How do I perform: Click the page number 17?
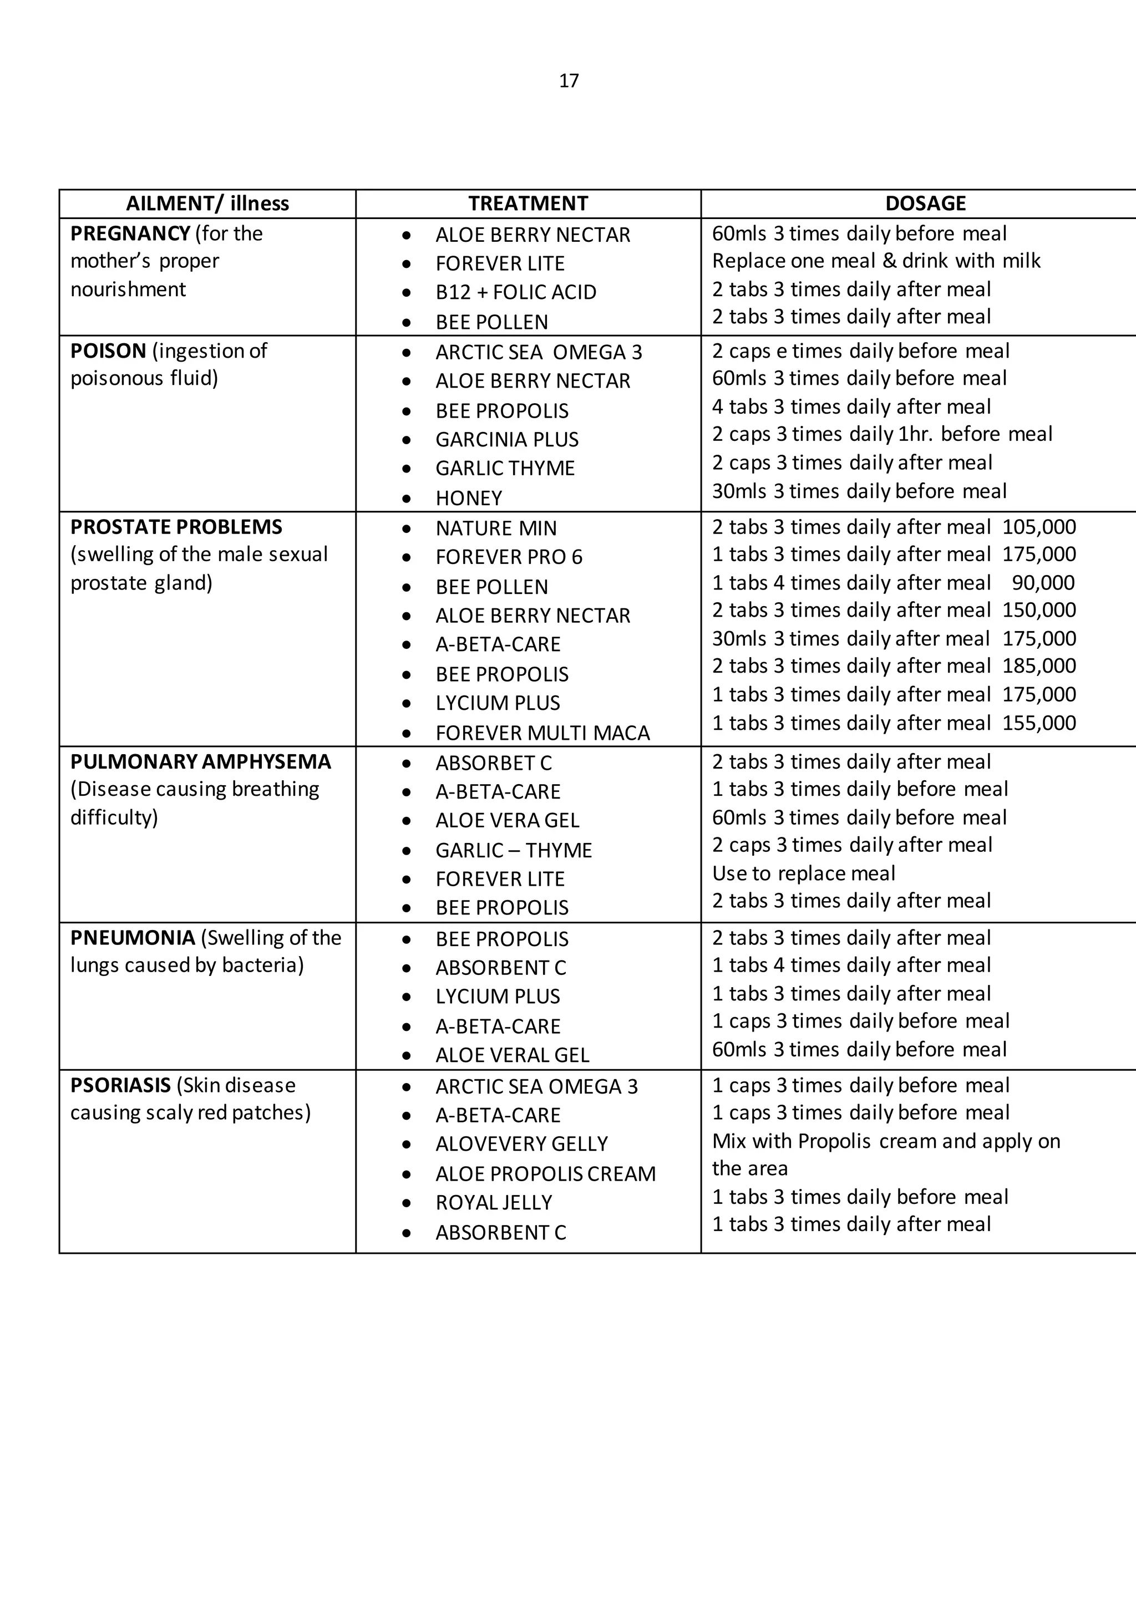[x=569, y=81]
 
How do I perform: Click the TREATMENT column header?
[x=528, y=204]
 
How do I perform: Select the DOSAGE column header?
[x=925, y=204]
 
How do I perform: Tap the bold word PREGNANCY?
[x=130, y=233]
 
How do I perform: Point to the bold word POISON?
[x=108, y=350]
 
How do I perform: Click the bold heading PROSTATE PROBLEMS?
[x=176, y=527]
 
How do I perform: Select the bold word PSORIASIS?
[x=120, y=1085]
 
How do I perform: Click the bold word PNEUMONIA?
[x=132, y=937]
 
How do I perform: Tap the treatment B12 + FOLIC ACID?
[x=515, y=292]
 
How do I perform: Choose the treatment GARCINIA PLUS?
[x=506, y=439]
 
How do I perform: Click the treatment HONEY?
[x=469, y=498]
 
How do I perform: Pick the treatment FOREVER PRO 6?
[x=509, y=557]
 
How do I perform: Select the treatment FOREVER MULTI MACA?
[x=542, y=733]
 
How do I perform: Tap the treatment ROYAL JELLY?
[x=494, y=1202]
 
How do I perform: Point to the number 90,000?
[x=1043, y=583]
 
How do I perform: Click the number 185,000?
[x=1039, y=665]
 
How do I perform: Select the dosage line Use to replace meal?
[x=803, y=873]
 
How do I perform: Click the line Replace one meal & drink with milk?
[x=876, y=261]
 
